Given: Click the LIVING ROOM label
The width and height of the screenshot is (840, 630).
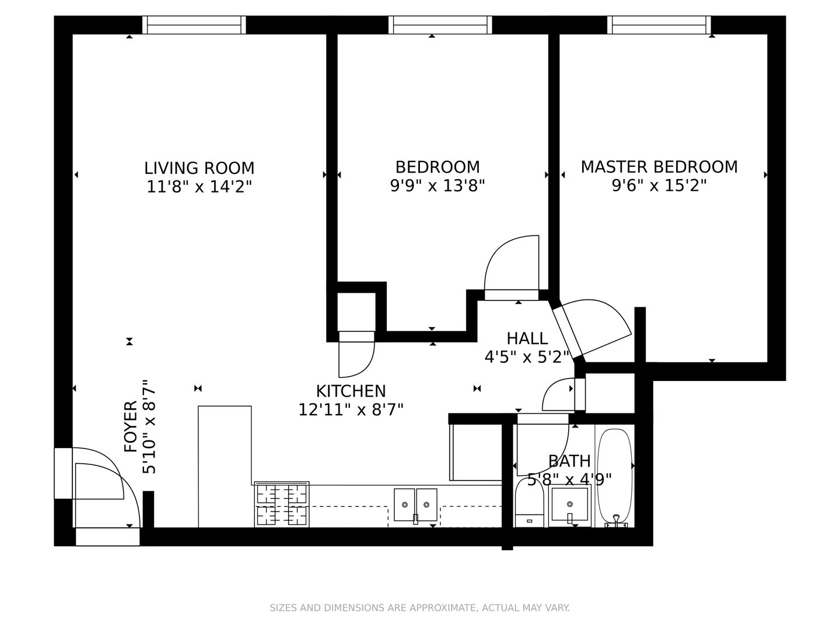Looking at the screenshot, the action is tap(199, 169).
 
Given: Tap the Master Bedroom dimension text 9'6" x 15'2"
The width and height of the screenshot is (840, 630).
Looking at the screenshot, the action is tap(659, 186).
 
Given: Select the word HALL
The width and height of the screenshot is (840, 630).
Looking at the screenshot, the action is tap(527, 338).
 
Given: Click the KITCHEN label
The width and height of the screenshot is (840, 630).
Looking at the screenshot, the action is tap(351, 391).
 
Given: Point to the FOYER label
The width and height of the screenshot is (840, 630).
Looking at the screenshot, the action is tap(131, 426).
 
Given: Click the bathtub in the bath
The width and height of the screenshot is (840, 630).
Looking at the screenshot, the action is tap(615, 478).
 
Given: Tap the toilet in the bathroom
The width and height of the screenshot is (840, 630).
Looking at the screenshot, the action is tap(529, 502).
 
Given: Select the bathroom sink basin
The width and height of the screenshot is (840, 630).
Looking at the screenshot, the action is tap(570, 505).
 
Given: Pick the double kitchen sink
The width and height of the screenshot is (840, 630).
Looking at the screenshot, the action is tap(415, 505).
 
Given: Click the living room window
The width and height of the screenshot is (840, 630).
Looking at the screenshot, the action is tap(194, 25).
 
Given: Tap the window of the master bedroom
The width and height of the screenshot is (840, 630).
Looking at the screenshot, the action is tap(659, 25).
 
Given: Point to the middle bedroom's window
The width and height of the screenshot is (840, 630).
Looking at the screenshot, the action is tap(440, 25).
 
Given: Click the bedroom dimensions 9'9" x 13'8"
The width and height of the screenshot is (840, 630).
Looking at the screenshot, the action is tap(437, 186).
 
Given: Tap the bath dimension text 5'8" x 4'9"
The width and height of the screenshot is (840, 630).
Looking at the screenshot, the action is tap(569, 480).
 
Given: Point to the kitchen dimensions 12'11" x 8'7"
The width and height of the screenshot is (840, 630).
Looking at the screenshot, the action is tap(351, 410).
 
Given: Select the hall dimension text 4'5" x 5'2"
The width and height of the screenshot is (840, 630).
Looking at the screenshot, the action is tap(527, 357).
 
